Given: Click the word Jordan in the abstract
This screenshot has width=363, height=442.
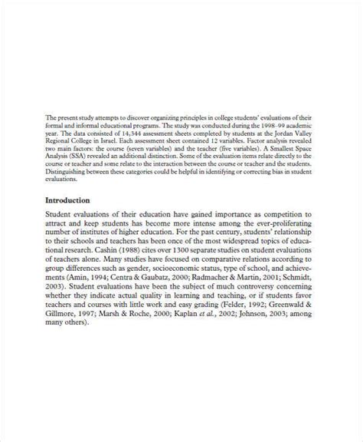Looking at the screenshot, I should (x=289, y=134).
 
